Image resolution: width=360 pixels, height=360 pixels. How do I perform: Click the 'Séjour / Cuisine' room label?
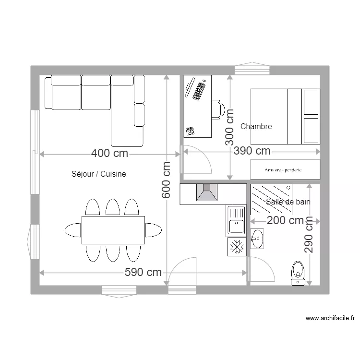pyautogui.click(x=98, y=174)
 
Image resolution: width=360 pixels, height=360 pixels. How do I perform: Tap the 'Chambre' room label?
pyautogui.click(x=256, y=127)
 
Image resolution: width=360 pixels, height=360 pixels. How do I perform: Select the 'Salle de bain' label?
pyautogui.click(x=288, y=202)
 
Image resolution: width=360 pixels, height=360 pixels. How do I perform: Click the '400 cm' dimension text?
pyautogui.click(x=110, y=154)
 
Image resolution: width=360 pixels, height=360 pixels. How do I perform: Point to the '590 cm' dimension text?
pyautogui.click(x=143, y=273)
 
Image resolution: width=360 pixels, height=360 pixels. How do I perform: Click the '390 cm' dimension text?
pyautogui.click(x=252, y=151)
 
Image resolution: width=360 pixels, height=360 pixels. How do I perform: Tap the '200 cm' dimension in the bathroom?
pyautogui.click(x=285, y=220)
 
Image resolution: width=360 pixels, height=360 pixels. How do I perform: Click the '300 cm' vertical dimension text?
pyautogui.click(x=230, y=127)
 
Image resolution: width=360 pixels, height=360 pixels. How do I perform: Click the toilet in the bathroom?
pyautogui.click(x=299, y=273)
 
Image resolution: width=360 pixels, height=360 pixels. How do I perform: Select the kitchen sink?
pyautogui.click(x=236, y=220)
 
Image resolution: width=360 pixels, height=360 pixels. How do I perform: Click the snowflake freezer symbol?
pyautogui.click(x=237, y=247)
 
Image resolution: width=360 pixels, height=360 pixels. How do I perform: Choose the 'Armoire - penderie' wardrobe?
pyautogui.click(x=285, y=169)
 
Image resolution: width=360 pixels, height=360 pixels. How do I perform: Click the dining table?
pyautogui.click(x=113, y=230)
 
